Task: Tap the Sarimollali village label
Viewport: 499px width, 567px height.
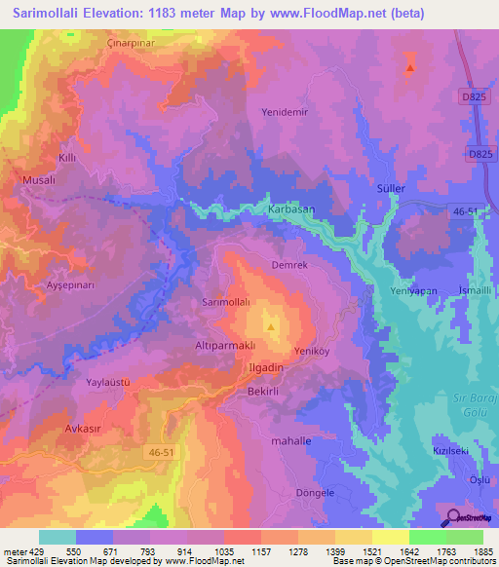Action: [225, 303]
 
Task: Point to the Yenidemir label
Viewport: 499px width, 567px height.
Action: [285, 112]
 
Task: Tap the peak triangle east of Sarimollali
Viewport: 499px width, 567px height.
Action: [271, 326]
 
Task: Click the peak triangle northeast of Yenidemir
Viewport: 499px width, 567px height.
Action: [410, 68]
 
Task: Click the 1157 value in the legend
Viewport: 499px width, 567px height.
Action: [261, 552]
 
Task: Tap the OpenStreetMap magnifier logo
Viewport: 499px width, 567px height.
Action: [453, 517]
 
